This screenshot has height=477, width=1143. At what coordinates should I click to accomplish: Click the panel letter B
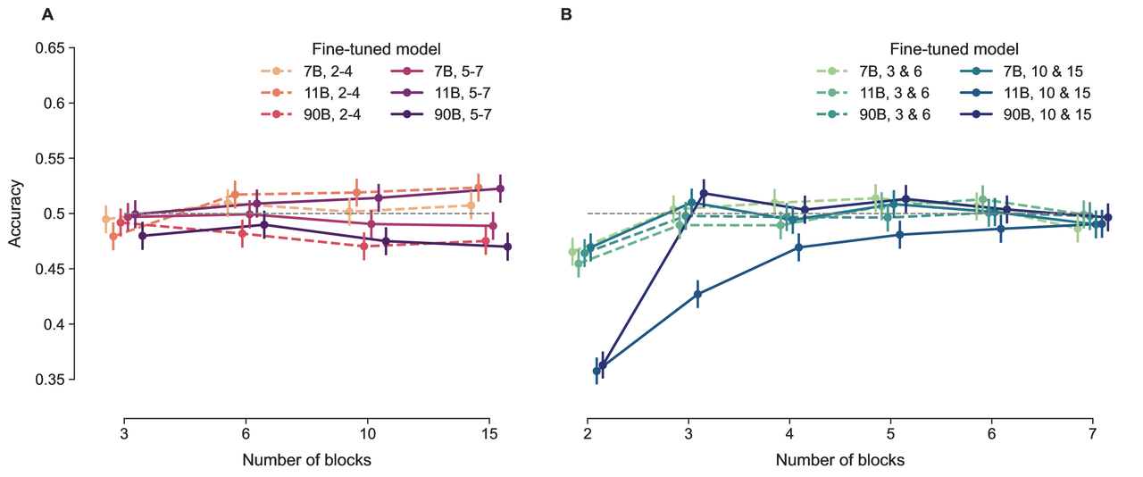565,15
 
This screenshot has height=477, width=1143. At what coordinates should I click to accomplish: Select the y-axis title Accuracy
15,214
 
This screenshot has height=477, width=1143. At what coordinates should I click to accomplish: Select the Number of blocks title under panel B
839,461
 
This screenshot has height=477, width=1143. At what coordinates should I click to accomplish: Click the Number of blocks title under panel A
306,461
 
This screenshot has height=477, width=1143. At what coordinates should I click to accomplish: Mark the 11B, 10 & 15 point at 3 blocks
697,294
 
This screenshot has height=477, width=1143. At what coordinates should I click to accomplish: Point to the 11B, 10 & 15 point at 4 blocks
798,247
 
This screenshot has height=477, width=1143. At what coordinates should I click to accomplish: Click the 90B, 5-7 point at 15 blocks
507,247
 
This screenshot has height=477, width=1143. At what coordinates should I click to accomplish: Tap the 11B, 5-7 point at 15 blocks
500,188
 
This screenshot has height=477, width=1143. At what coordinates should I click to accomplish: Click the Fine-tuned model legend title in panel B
954,49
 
